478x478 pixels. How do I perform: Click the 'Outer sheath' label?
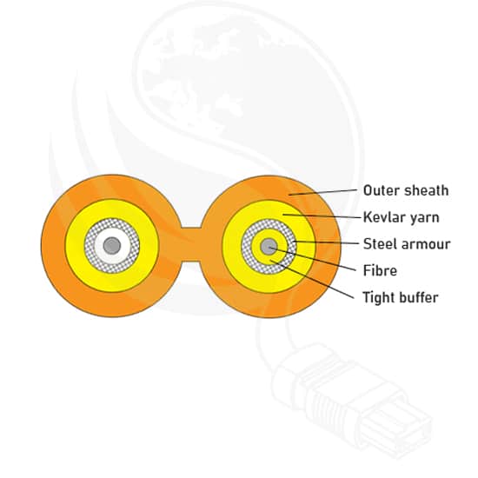pyautogui.click(x=406, y=190)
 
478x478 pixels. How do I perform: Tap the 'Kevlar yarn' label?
pyautogui.click(x=402, y=217)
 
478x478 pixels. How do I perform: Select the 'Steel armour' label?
pyautogui.click(x=407, y=244)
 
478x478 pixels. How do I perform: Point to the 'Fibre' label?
pyautogui.click(x=380, y=270)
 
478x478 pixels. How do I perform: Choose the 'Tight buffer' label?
pyautogui.click(x=401, y=297)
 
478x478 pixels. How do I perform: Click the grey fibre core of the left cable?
pyautogui.click(x=112, y=245)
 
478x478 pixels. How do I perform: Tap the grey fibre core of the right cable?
pyautogui.click(x=269, y=247)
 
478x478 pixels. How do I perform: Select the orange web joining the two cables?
pyautogui.click(x=191, y=244)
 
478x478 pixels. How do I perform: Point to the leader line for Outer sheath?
pyautogui.click(x=322, y=192)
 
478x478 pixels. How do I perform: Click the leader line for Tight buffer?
pyautogui.click(x=312, y=279)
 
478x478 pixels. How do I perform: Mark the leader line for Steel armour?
pyautogui.click(x=326, y=242)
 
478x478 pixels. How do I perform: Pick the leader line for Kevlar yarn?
pyautogui.click(x=322, y=216)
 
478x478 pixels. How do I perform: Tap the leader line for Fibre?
pyautogui.click(x=313, y=260)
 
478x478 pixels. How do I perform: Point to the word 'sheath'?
pyautogui.click(x=428, y=190)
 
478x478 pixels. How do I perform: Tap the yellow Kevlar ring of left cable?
pyautogui.click(x=112, y=209)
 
